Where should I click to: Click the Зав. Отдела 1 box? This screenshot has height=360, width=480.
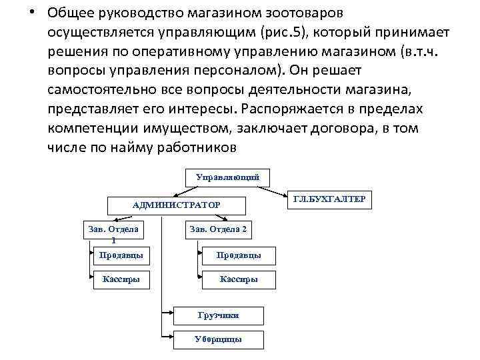[113, 233]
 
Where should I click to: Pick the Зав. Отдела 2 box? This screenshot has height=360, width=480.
[218, 230]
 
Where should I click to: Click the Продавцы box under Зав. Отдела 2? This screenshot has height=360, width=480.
[239, 255]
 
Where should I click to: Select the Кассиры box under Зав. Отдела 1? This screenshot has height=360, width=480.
[121, 279]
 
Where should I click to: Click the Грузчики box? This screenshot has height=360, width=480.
[218, 315]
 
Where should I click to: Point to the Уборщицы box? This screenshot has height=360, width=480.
[218, 339]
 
